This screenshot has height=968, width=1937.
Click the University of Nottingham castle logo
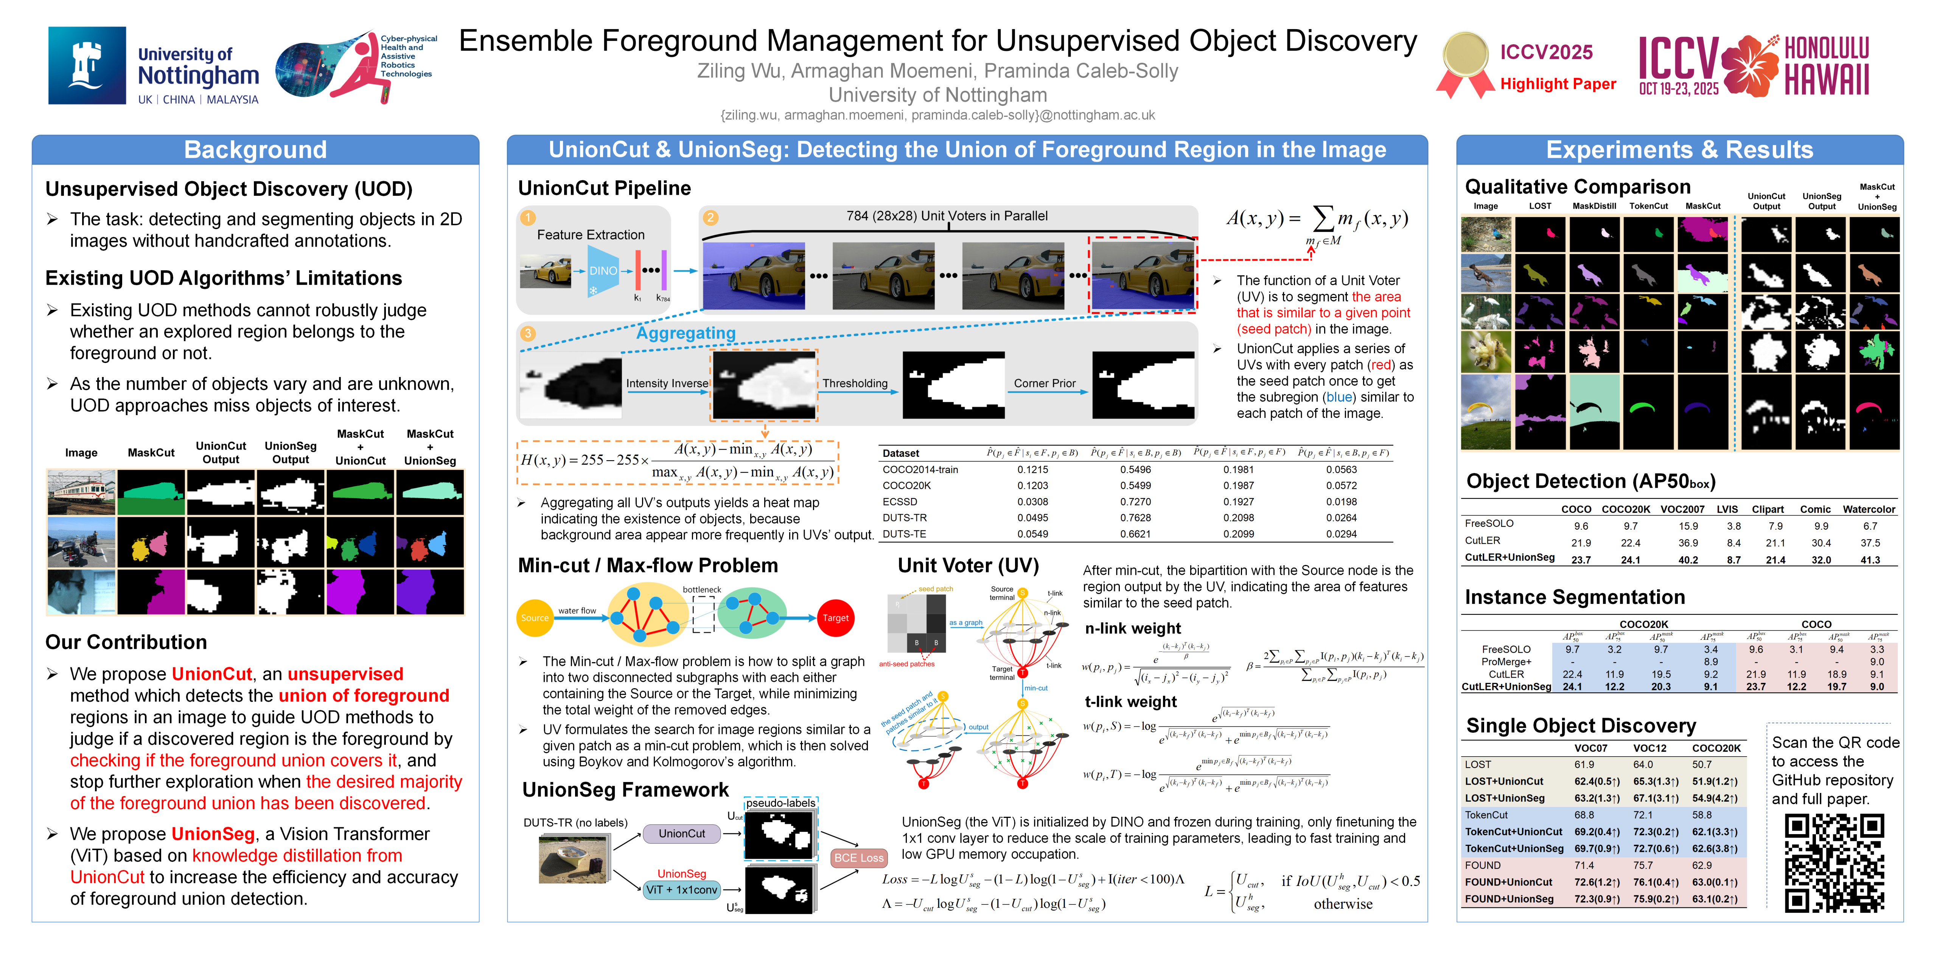(87, 65)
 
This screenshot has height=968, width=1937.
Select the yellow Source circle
(535, 618)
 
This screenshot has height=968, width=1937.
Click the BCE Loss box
(858, 858)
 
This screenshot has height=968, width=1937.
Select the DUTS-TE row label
(904, 534)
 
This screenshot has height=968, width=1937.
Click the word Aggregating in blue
(686, 333)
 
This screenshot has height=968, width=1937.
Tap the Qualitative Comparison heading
(1578, 186)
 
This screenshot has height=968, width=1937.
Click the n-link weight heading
(1132, 628)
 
